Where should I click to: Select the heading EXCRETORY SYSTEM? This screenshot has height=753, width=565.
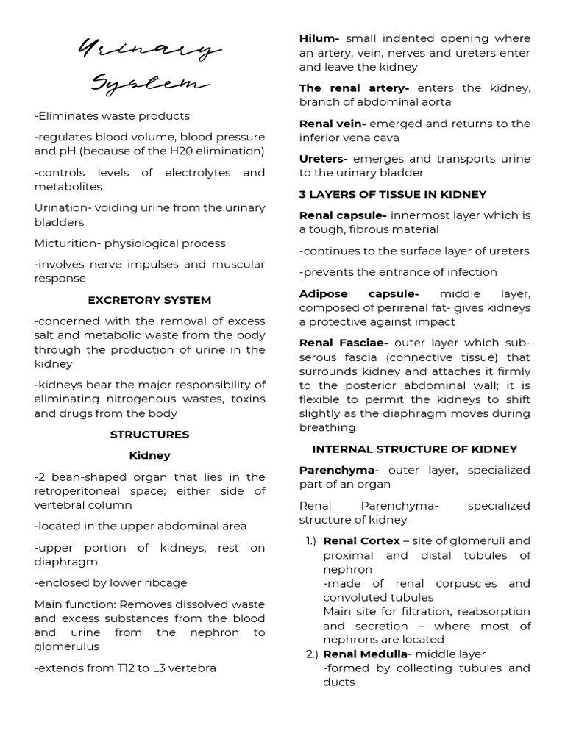(149, 300)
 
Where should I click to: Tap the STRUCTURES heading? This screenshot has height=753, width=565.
(149, 435)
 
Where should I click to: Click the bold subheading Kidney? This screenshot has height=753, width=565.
(149, 456)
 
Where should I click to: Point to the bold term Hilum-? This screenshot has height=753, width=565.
(319, 38)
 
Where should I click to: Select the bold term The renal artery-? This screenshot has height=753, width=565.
(354, 88)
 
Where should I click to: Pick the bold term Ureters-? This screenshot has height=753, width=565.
(323, 159)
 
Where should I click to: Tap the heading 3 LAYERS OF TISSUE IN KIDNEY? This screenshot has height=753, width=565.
(393, 194)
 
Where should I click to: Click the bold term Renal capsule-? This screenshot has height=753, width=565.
(343, 215)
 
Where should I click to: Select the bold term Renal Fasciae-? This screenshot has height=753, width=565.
(344, 343)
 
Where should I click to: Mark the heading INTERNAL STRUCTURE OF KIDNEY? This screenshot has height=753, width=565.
(415, 449)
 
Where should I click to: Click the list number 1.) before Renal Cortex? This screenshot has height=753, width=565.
(310, 541)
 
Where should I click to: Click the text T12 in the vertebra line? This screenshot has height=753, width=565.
(132, 668)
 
